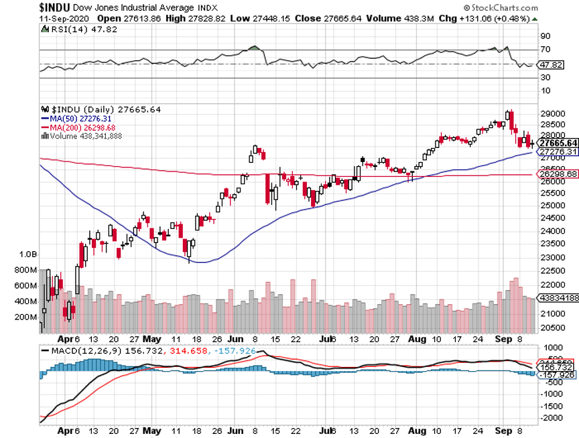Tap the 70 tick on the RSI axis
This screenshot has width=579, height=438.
click(x=545, y=50)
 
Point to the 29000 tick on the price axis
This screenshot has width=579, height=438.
click(x=554, y=115)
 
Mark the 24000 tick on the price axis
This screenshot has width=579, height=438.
click(x=554, y=230)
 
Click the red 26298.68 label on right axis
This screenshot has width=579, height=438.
click(x=558, y=173)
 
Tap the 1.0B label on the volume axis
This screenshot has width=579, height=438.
click(x=28, y=254)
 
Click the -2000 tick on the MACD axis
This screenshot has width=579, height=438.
click(x=553, y=417)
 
